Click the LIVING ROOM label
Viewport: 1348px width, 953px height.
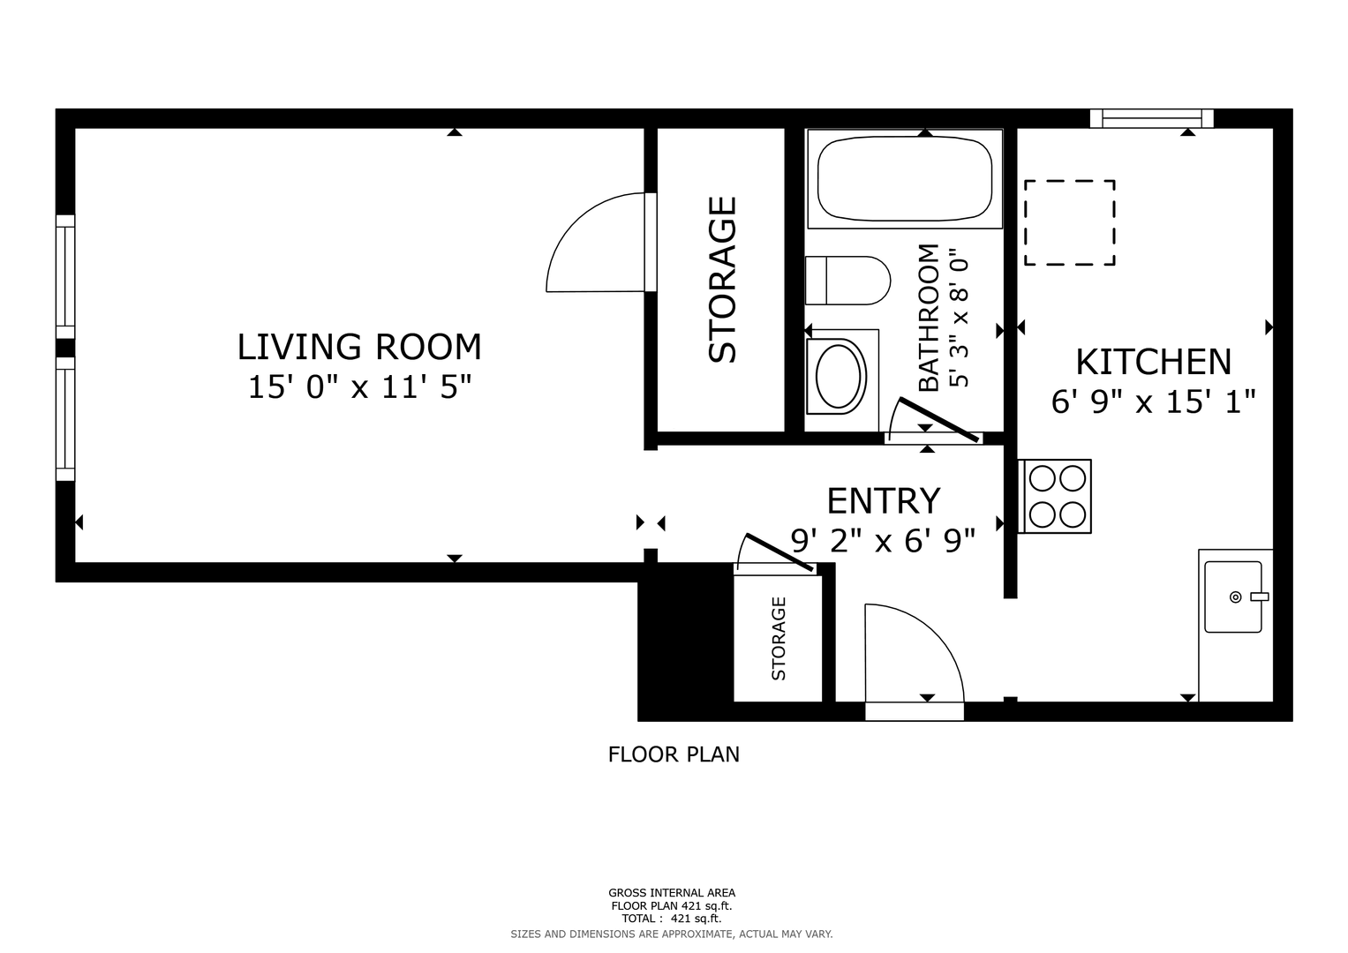click(x=359, y=347)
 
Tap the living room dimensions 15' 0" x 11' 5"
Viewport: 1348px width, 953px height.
click(x=359, y=386)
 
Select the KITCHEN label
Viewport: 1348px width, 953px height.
click(x=1153, y=362)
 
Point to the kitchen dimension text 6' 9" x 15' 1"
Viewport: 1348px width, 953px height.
click(x=1153, y=401)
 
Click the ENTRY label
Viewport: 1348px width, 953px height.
click(x=884, y=500)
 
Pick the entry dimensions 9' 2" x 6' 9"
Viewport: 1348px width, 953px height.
click(x=883, y=540)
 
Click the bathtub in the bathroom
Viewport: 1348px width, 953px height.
click(x=905, y=178)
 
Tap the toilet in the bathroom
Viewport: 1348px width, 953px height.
click(x=847, y=281)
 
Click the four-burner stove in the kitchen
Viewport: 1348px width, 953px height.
click(x=1055, y=496)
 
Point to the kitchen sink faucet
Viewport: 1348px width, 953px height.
click(x=1259, y=597)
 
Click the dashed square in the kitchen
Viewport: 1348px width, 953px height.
click(x=1069, y=222)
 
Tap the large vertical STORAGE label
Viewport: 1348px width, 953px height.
click(x=722, y=280)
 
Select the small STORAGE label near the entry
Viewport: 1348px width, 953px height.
click(x=778, y=638)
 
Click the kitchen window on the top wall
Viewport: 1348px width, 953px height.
click(x=1152, y=118)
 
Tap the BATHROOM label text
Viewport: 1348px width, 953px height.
click(x=929, y=318)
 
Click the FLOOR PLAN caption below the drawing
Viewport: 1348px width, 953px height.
click(x=674, y=754)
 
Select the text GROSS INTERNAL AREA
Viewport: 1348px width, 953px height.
click(x=672, y=893)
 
